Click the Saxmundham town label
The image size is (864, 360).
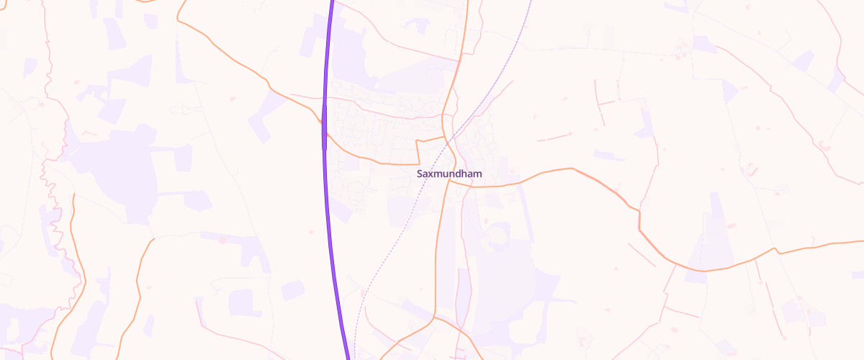449,174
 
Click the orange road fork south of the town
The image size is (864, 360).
435,316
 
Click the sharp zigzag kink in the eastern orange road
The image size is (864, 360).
639,216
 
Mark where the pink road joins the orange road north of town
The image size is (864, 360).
459,61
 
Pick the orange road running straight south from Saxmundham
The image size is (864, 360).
438,245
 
